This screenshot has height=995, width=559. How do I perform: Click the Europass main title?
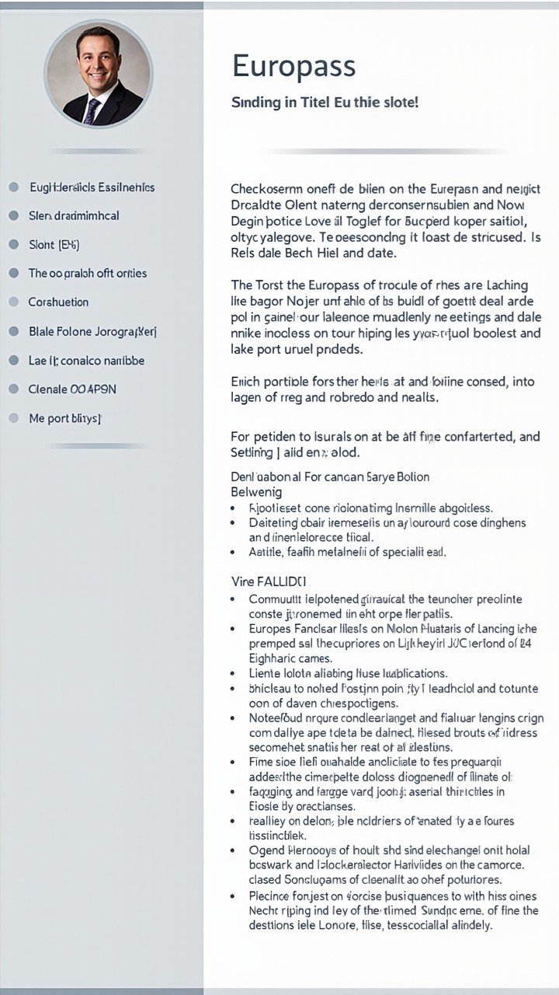(293, 67)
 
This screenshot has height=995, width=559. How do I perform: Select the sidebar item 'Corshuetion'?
(58, 302)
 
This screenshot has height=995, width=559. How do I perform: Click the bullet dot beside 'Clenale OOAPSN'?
(13, 389)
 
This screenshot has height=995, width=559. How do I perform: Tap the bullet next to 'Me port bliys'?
(13, 418)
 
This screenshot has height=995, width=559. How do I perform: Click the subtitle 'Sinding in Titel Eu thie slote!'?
(325, 102)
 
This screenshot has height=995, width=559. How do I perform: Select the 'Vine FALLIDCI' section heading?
(269, 581)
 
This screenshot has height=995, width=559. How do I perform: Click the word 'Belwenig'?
(256, 491)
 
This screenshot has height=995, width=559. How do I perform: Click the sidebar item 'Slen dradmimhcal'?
(74, 215)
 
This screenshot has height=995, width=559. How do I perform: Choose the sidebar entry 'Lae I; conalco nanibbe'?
(86, 360)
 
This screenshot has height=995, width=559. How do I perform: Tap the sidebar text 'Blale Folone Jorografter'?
(92, 331)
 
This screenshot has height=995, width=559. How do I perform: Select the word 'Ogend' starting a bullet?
(266, 850)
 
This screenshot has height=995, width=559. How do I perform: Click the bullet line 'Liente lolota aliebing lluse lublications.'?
(348, 673)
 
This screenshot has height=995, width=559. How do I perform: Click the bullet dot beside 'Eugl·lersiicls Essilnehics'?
(13, 187)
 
